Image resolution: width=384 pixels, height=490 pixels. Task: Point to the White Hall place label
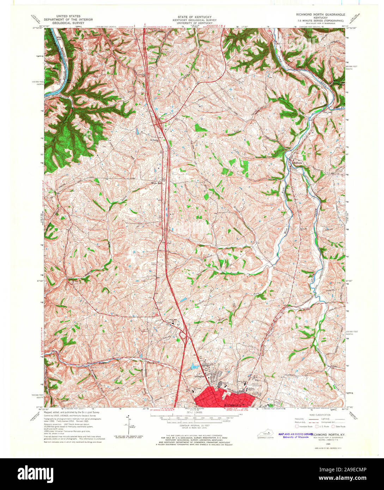pyautogui.click(x=156, y=183)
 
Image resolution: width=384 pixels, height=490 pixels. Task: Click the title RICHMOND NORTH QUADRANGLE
pyautogui.click(x=320, y=14)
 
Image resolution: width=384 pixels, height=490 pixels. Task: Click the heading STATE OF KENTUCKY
pyautogui.click(x=192, y=17)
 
